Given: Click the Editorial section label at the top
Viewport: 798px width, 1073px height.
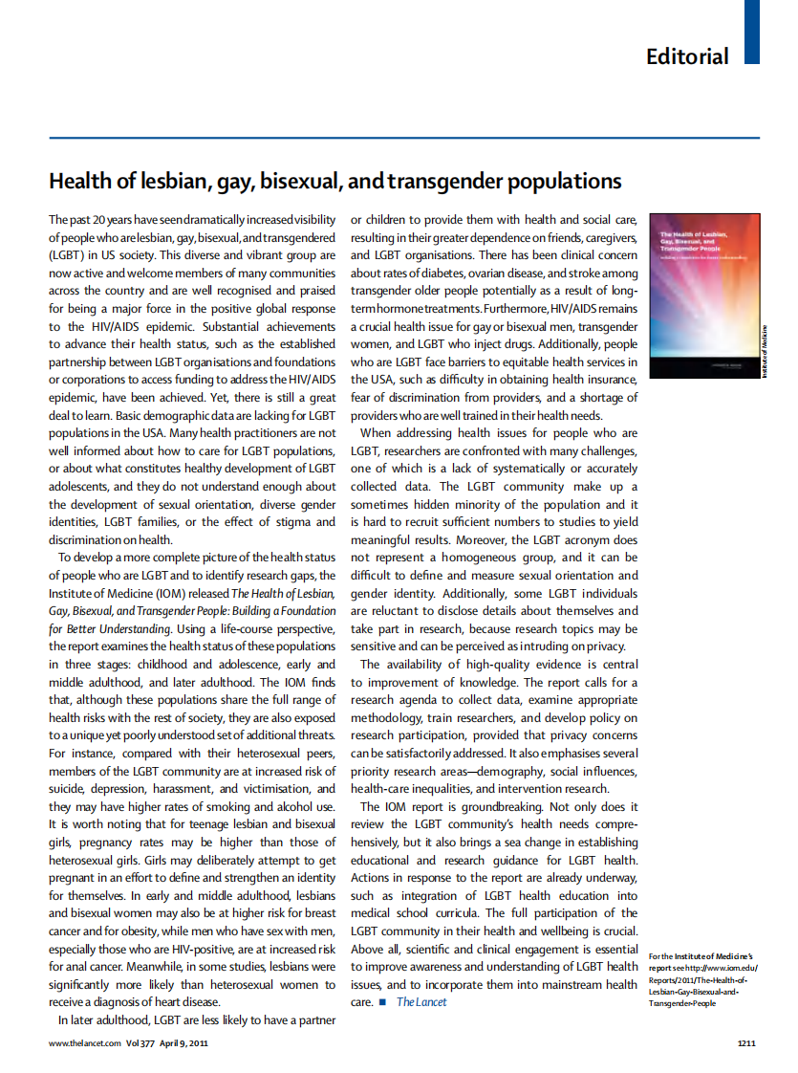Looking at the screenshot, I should click(x=686, y=56).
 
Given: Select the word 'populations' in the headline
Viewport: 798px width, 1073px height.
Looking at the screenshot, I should click(x=565, y=181).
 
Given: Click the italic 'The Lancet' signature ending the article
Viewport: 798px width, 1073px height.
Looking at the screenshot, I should click(x=421, y=1001).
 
